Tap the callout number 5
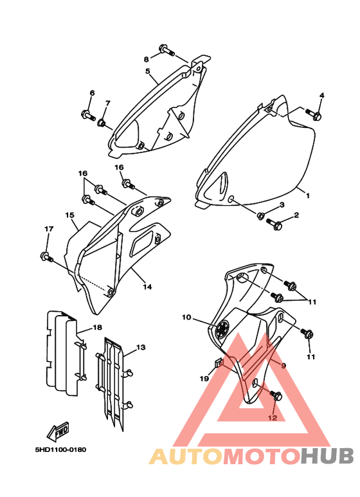pos(148,71)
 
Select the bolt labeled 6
pos(88,115)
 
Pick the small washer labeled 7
pos(102,122)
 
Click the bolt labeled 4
pos(314,114)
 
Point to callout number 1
pos(307,195)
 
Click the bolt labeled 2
pos(274,224)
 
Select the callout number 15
pos(69,215)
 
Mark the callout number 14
pos(147,287)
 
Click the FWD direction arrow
pos(58,431)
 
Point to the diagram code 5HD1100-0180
pos(60,449)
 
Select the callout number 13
pos(141,347)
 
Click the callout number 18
pos(98,327)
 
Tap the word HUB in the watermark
pos(327,456)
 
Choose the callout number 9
pos(283,365)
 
